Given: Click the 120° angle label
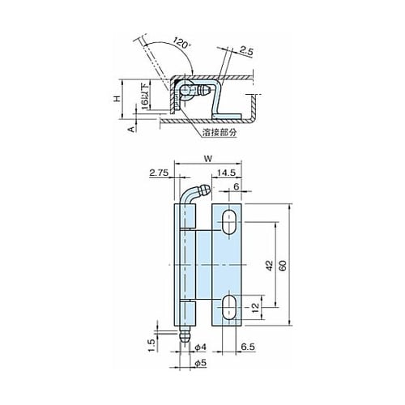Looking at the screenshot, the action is pyautogui.click(x=181, y=43).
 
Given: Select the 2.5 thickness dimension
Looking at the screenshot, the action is pyautogui.click(x=246, y=51).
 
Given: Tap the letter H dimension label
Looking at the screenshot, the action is pyautogui.click(x=117, y=99).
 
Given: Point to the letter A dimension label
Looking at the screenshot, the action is pyautogui.click(x=131, y=129).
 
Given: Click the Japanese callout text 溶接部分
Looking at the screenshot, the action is pyautogui.click(x=220, y=132).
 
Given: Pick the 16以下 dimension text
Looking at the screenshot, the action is pyautogui.click(x=145, y=97).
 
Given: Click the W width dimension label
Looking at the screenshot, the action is pyautogui.click(x=208, y=159).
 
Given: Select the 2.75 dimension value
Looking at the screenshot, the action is pyautogui.click(x=159, y=173).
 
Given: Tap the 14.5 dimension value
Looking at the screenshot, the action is pyautogui.click(x=226, y=173).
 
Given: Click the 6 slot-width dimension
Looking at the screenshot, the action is pyautogui.click(x=237, y=186).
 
